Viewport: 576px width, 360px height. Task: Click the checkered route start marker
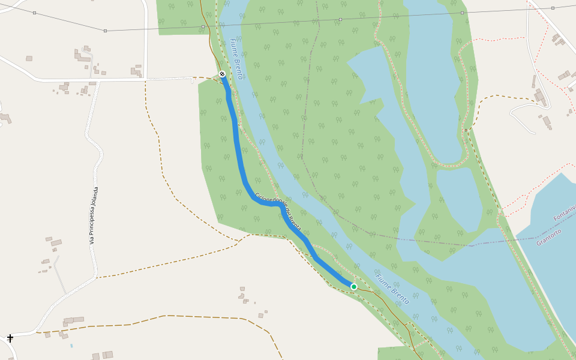point(222,74)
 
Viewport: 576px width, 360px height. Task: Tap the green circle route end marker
point(354,287)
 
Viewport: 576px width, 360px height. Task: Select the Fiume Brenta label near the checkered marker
point(236,59)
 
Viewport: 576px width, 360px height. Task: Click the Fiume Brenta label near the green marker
point(393,289)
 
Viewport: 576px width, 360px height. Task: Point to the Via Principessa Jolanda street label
point(94,215)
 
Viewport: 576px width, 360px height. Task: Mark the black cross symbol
point(10,338)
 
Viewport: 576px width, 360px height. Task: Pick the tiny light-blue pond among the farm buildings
point(71,346)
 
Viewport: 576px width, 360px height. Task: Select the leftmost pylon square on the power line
point(34,13)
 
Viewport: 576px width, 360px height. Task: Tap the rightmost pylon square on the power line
point(553,8)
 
